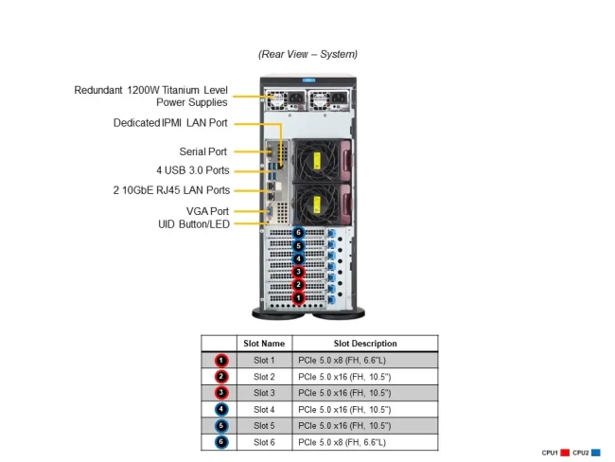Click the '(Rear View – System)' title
click(307, 54)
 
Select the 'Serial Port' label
click(202, 151)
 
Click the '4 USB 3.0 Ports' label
click(192, 170)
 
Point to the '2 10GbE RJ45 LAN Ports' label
click(170, 190)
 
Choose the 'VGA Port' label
click(207, 211)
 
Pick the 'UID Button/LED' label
click(193, 224)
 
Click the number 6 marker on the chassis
click(299, 233)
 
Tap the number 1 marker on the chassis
click(299, 298)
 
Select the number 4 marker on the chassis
click(299, 258)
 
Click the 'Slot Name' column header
click(264, 344)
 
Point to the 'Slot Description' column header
click(365, 344)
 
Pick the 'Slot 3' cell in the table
click(264, 392)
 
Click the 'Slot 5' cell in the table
click(264, 425)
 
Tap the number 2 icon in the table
click(220, 376)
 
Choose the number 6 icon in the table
click(220, 441)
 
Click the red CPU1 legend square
click(565, 453)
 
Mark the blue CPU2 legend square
click(597, 453)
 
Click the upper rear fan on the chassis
click(313, 159)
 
